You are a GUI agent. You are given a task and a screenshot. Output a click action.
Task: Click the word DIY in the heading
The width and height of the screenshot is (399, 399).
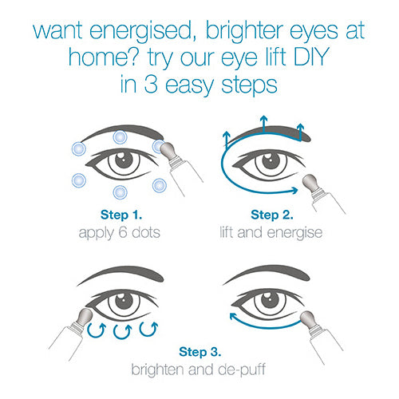point(311,57)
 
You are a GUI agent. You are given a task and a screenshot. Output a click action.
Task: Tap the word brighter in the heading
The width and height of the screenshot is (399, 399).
point(244,31)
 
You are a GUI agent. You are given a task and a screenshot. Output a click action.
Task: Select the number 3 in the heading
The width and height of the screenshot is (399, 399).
point(151,85)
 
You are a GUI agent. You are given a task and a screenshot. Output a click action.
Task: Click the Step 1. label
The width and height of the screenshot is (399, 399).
point(121,215)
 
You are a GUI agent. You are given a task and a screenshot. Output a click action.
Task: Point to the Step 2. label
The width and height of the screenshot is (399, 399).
point(272,215)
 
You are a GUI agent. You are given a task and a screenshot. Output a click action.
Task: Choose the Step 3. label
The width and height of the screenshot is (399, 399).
point(200,352)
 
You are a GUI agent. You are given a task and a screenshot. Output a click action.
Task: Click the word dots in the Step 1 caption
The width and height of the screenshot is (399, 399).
point(146,232)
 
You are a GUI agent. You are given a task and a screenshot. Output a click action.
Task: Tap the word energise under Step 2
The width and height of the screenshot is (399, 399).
point(294,233)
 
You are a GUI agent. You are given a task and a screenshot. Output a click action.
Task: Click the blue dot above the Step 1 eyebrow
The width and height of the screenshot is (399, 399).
point(120,137)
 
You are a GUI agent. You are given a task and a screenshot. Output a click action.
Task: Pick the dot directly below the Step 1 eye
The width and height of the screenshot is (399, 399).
point(120,192)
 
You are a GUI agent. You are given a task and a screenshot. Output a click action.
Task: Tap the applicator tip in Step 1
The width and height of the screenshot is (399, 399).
point(168,150)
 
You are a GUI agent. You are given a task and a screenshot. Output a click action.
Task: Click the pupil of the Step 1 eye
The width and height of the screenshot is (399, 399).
point(124,160)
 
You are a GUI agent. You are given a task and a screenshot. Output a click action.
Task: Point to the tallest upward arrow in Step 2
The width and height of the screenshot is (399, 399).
point(263,124)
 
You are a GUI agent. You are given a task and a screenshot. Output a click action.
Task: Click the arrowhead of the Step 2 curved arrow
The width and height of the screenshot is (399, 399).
point(294,190)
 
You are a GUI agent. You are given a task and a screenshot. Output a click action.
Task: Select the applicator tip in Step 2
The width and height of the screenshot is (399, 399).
point(310,184)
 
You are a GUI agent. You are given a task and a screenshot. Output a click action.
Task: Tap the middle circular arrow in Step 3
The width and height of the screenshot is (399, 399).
point(122,331)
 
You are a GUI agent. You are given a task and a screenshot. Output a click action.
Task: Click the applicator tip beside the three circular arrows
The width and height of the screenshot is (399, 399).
point(85,317)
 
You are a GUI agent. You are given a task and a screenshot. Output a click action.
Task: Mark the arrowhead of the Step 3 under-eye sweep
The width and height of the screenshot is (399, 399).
point(233,316)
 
